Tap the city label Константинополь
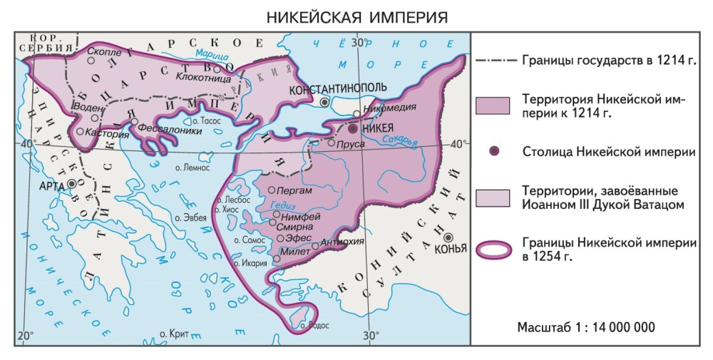337,88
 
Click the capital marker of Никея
352,129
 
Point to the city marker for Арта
72,183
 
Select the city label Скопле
104,51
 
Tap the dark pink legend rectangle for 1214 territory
493,106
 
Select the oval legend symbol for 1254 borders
493,249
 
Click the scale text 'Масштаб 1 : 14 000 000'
587,326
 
